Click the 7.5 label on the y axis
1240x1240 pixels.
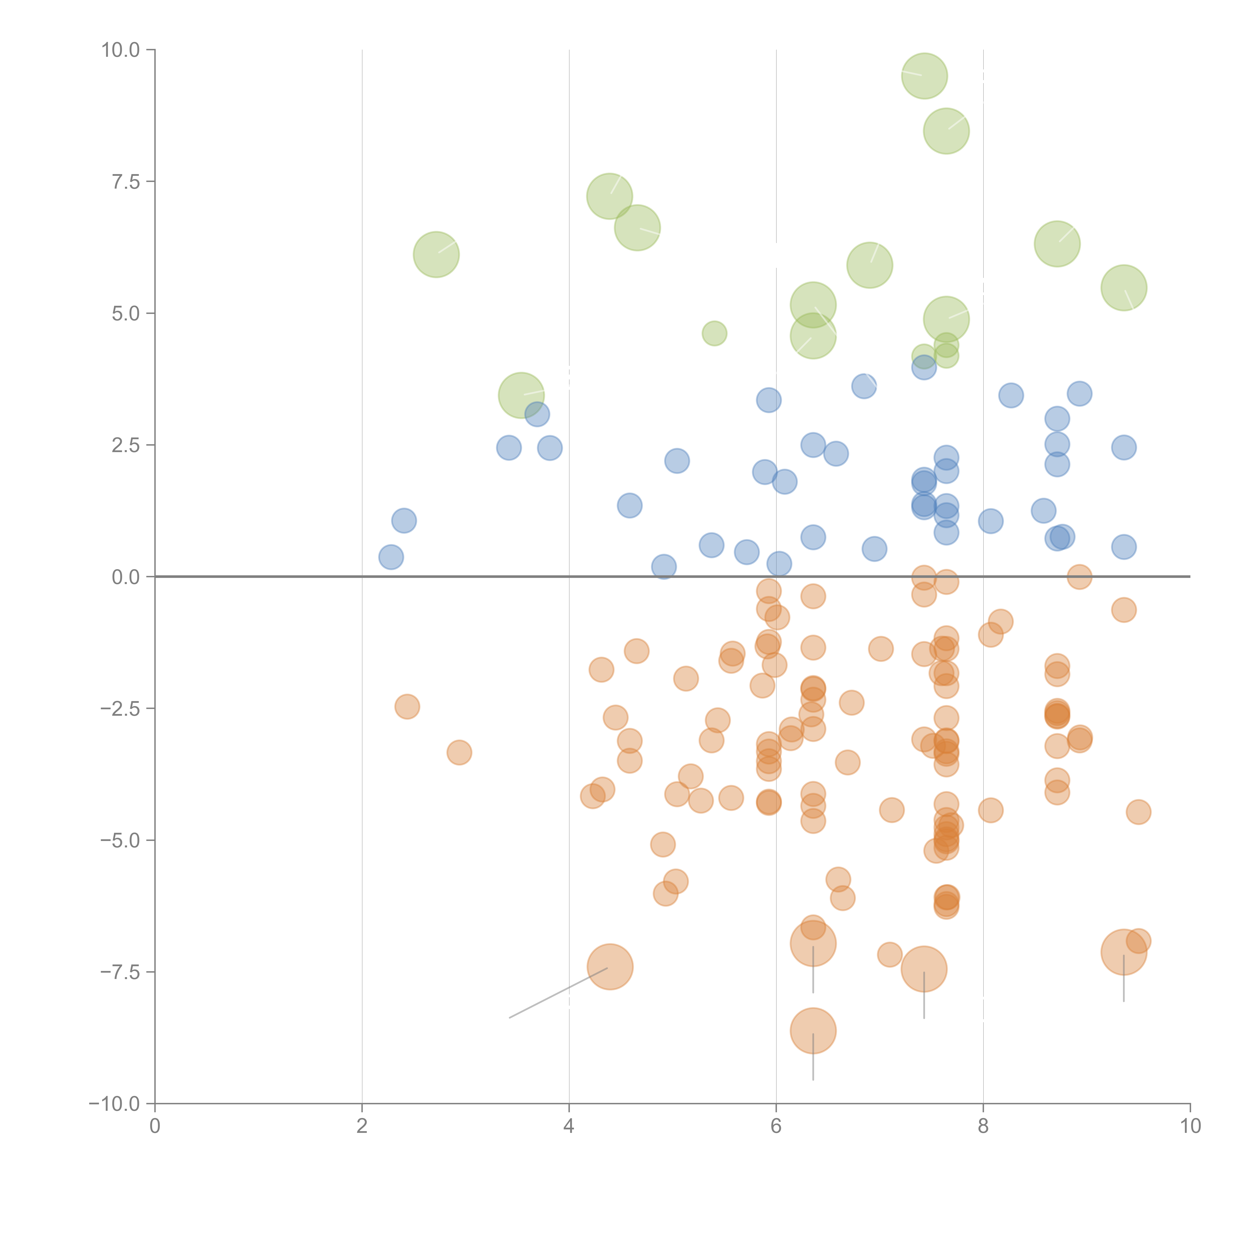click(x=126, y=182)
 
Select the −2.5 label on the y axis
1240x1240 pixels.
click(x=120, y=709)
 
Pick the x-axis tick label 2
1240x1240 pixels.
click(x=362, y=1126)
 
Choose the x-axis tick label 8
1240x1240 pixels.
click(x=983, y=1126)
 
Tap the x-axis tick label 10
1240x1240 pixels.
click(x=1190, y=1126)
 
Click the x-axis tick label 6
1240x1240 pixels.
click(x=776, y=1126)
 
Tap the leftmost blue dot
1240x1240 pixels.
click(x=391, y=557)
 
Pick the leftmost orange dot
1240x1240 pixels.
click(x=407, y=707)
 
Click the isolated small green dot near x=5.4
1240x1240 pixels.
click(x=714, y=333)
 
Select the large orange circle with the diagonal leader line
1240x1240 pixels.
click(x=610, y=967)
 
